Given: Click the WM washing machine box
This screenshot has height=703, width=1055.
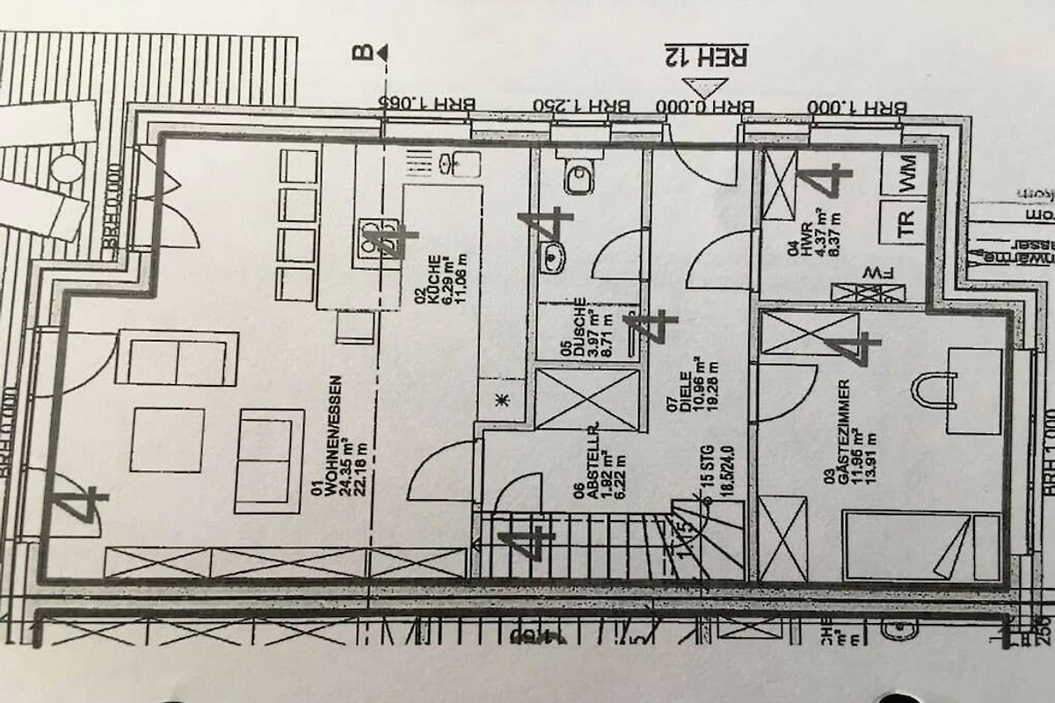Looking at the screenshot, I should pyautogui.click(x=906, y=173).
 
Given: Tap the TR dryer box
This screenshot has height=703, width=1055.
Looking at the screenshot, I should pyautogui.click(x=906, y=219).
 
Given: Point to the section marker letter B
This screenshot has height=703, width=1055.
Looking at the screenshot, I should pyautogui.click(x=361, y=53).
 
